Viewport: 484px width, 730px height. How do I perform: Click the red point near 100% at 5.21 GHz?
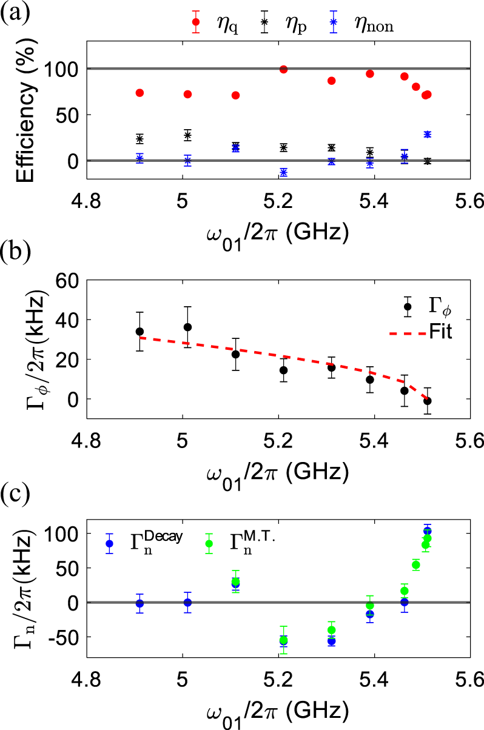[283, 69]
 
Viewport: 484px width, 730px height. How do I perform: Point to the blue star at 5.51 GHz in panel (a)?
[428, 134]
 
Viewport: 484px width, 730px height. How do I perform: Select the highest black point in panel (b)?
[187, 327]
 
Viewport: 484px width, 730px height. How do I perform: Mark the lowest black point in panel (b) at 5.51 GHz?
[428, 401]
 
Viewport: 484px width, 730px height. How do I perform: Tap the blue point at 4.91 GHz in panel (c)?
[139, 603]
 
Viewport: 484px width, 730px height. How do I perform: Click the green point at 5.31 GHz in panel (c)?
[331, 630]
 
